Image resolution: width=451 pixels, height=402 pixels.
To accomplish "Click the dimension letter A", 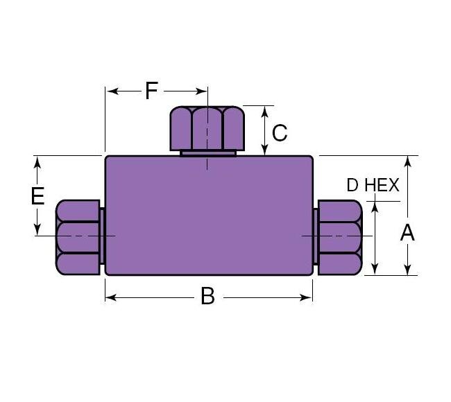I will pos(407,233).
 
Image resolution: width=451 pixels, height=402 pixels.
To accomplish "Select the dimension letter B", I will pos(207,297).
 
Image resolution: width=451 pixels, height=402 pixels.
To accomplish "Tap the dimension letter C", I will pos(279,132).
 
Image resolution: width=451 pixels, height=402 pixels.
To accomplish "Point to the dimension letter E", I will pos(38,196).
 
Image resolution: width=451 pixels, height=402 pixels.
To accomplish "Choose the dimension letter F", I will pos(151,90).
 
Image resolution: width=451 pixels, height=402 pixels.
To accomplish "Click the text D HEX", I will pos(373,185).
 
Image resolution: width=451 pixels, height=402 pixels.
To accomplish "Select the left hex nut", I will pos(78,236).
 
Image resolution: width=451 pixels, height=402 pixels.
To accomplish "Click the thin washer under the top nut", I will pos(207,152).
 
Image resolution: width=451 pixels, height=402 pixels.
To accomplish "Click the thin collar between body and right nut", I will pos(315,236).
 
